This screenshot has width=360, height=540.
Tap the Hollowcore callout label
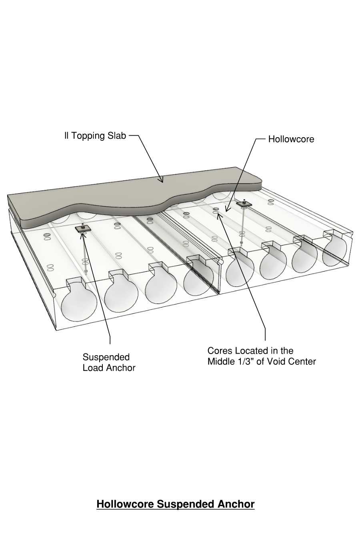[291, 139]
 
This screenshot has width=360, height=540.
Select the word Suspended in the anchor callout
[106, 357]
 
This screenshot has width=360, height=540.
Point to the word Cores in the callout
[220, 351]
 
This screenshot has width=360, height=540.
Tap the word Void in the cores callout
[284, 362]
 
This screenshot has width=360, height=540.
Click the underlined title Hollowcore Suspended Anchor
[175, 504]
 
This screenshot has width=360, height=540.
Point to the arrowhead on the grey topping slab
[162, 181]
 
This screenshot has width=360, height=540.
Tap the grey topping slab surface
[120, 200]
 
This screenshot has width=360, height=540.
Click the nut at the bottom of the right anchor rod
[242, 243]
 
